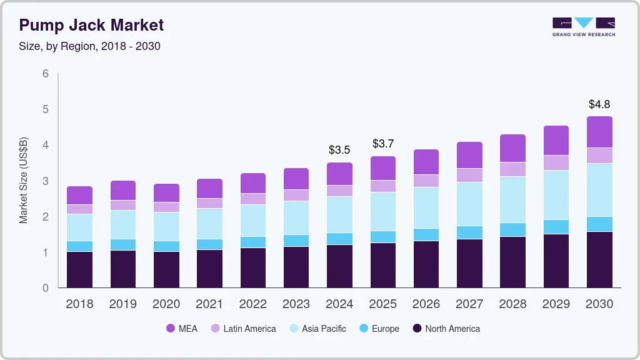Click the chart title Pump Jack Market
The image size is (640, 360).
[91, 25]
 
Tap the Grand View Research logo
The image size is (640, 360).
[583, 26]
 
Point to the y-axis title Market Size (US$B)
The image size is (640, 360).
[23, 181]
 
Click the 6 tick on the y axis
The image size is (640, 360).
[46, 74]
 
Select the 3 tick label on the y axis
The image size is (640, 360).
[46, 181]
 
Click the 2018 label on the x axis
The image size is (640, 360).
[79, 304]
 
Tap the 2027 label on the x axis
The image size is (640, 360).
[469, 304]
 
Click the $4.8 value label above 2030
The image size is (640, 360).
[600, 104]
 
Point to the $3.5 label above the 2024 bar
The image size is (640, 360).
[340, 150]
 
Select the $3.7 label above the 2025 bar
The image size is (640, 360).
[383, 144]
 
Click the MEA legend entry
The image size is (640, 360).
[182, 329]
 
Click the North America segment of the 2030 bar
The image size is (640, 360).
[600, 259]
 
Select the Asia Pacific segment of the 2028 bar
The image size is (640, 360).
[513, 199]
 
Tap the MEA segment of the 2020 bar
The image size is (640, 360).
[166, 192]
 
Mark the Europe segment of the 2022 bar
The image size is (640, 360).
[253, 242]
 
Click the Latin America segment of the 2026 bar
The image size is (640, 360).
[426, 181]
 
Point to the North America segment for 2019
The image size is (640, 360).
[123, 269]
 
